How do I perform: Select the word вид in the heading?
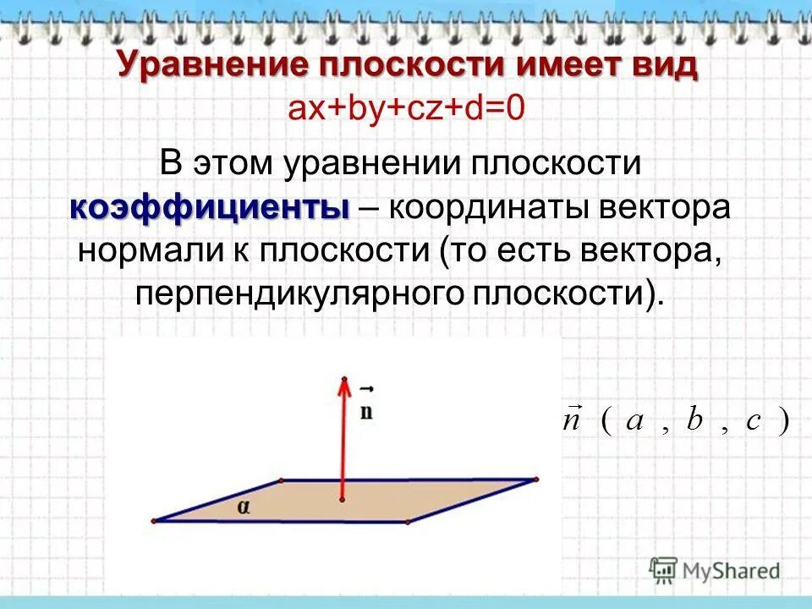tap(662, 65)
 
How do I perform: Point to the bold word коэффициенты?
tap(209, 207)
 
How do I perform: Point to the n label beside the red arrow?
tap(366, 410)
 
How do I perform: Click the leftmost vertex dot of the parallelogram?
tap(154, 520)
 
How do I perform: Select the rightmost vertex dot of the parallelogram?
tap(535, 480)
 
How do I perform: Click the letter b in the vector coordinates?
tap(694, 420)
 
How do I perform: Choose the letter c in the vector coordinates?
tap(754, 422)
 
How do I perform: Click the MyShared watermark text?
tap(733, 571)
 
